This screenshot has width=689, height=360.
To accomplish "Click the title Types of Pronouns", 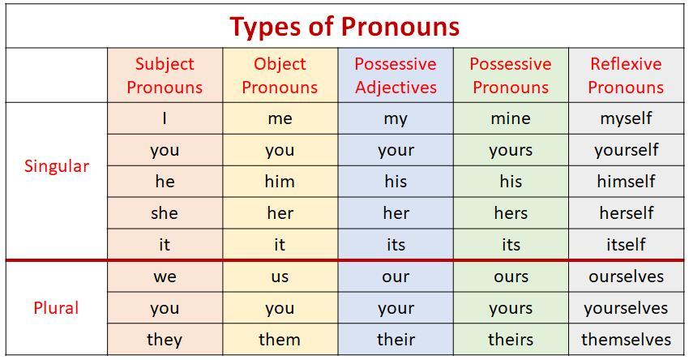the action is [344, 27].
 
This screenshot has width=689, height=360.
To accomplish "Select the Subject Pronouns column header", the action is [165, 75].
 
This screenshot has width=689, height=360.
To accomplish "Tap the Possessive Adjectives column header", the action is [396, 75].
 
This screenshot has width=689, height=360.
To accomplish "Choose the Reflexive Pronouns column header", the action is [626, 75].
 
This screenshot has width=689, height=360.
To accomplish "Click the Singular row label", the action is [57, 166].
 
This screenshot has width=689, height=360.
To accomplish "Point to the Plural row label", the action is [56, 307].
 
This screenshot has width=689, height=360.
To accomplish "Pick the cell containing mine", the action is [511, 118].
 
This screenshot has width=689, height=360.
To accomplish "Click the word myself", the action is [626, 118].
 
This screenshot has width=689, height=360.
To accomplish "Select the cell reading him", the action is [280, 182].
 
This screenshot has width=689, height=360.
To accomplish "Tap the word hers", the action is [511, 213].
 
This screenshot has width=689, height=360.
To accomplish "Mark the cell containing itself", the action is [626, 244].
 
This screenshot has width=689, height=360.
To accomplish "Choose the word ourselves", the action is [626, 276].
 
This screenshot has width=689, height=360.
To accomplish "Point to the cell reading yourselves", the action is [626, 307].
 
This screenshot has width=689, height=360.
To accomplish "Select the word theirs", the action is [511, 340].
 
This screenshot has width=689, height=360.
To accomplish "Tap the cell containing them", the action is [280, 340].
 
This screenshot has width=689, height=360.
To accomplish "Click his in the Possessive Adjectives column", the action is [396, 182].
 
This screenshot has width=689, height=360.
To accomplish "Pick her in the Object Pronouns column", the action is [280, 213].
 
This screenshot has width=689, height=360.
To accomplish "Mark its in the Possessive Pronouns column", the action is [511, 245].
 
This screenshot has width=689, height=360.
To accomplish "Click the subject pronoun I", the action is [165, 118].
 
